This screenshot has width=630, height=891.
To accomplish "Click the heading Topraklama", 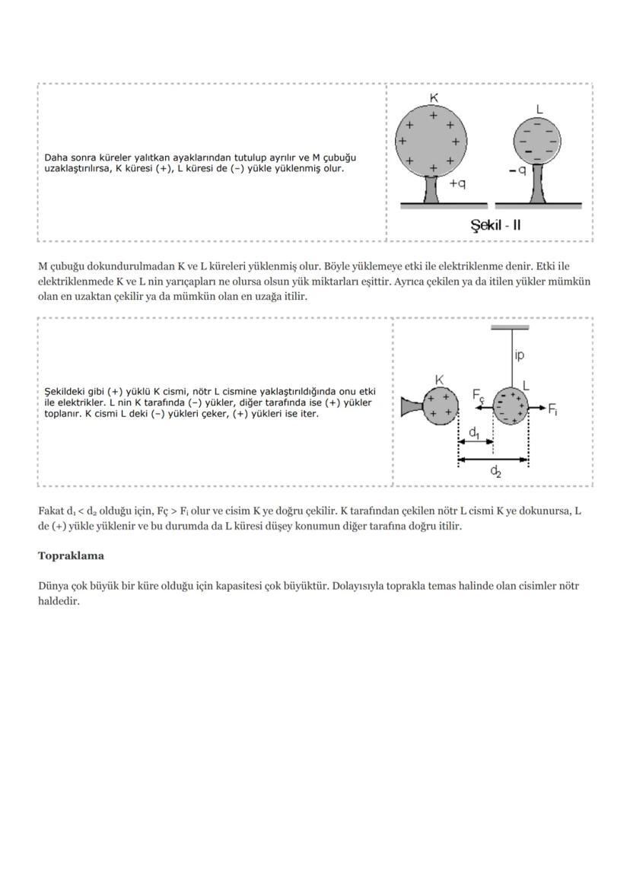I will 71,556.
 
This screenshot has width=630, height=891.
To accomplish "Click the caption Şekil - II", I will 495,225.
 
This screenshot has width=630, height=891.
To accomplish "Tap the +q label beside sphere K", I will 458,184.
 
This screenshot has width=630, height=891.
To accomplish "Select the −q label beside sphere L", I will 518,171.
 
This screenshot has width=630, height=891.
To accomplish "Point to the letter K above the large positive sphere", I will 434,97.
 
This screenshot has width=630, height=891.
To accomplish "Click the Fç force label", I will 478,395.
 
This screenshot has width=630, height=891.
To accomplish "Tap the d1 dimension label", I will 473,432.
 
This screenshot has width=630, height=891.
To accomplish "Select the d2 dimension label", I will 495,472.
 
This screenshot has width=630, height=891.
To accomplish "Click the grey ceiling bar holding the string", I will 510,327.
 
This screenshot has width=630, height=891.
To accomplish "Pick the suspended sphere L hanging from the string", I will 511,406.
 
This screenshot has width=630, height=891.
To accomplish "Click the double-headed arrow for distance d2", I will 493,459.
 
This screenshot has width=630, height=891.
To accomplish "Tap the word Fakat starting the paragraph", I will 52,511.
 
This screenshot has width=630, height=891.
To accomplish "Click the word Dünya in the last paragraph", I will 53,587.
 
